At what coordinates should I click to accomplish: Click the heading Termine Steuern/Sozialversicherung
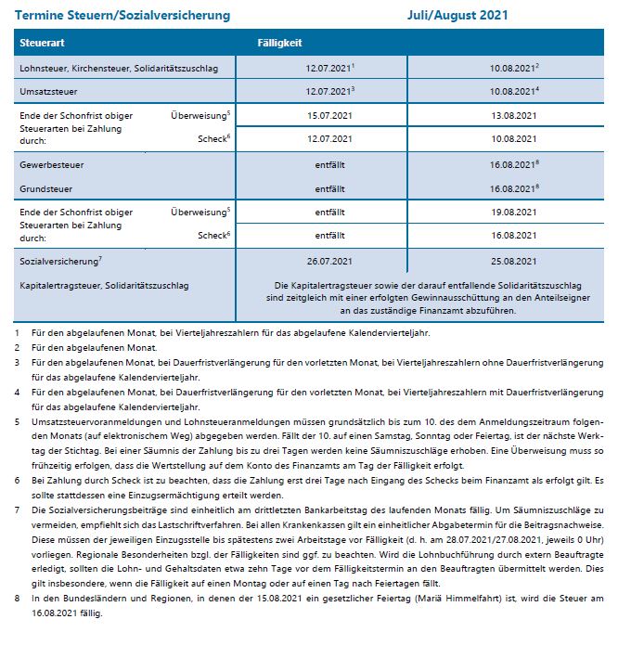pos(123,16)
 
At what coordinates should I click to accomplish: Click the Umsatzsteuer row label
pos(50,92)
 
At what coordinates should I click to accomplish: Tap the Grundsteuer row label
pos(46,187)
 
